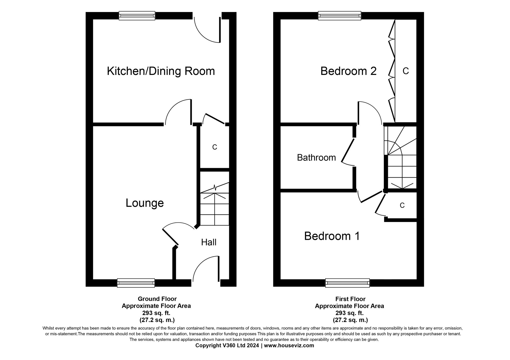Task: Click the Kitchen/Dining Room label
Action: tap(161, 71)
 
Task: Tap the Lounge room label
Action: tap(145, 203)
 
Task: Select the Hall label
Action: tap(209, 242)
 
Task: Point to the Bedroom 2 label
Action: tap(348, 71)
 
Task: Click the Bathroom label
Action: tap(316, 157)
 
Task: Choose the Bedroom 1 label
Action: tap(332, 236)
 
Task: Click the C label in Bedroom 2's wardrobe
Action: tap(405, 71)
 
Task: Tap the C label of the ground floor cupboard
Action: tap(214, 147)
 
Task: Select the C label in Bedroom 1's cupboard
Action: tap(402, 205)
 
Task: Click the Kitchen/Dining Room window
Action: tap(137, 16)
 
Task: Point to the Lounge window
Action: tap(136, 283)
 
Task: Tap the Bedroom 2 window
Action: tap(339, 16)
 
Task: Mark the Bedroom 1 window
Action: tap(347, 283)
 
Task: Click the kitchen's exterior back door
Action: tap(207, 29)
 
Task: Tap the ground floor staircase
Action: tap(214, 206)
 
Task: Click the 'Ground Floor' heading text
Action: tap(157, 299)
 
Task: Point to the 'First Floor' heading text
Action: tap(350, 299)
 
